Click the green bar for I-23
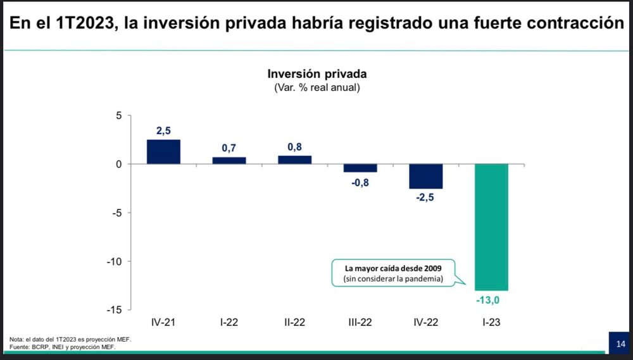[491, 227]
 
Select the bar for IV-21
[163, 152]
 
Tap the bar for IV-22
[425, 176]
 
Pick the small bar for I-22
[229, 161]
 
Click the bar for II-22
[294, 160]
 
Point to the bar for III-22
[360, 168]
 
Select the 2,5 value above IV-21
[164, 131]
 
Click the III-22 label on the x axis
[360, 322]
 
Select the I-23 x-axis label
[491, 322]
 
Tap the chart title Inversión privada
[317, 74]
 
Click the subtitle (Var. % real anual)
[317, 88]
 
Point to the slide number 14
[620, 344]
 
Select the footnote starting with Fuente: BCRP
[63, 347]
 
